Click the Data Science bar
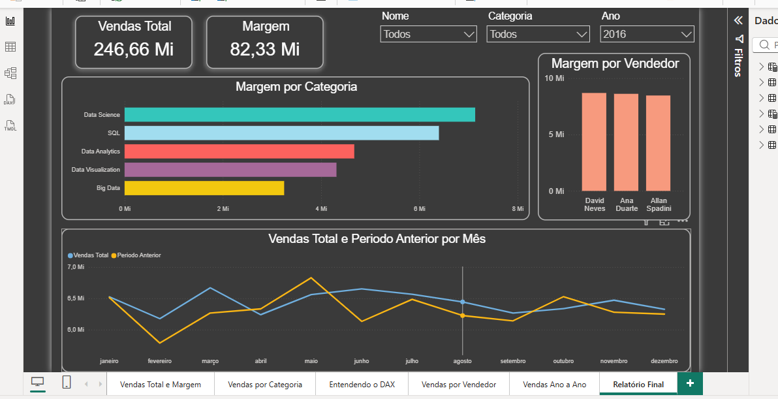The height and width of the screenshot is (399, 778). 300,115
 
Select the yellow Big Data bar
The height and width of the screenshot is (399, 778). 204,188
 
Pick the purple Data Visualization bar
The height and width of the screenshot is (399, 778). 230,170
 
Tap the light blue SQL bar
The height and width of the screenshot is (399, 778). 281,133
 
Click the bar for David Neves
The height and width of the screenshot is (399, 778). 594,142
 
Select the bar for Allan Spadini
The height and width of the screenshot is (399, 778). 658,144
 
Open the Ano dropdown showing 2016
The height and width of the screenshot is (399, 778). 647,34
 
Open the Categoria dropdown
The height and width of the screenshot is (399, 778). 538,34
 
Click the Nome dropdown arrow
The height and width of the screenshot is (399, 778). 469,34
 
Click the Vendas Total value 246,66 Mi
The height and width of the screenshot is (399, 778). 133,49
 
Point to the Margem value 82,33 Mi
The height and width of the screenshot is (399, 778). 265,49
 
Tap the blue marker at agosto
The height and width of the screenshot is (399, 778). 463,302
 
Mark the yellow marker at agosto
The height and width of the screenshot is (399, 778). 463,315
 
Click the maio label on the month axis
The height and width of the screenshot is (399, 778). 311,360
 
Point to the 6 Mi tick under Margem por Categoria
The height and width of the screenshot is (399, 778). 419,209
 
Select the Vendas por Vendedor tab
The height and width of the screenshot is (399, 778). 459,384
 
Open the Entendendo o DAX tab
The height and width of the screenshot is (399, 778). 362,384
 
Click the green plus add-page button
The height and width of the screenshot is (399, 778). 690,383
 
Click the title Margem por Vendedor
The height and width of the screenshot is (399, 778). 615,63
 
